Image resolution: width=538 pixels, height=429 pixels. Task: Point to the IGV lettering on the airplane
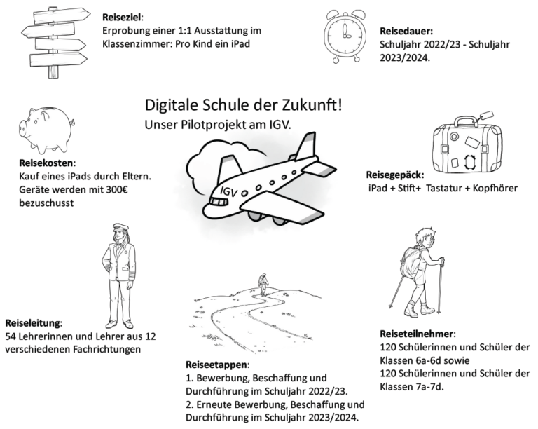pyautogui.click(x=228, y=191)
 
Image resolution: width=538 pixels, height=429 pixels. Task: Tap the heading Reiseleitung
pyautogui.click(x=34, y=324)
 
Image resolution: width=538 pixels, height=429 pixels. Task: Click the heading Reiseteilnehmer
pyautogui.click(x=418, y=334)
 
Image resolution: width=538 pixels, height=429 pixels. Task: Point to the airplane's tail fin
pyautogui.click(x=305, y=148)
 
